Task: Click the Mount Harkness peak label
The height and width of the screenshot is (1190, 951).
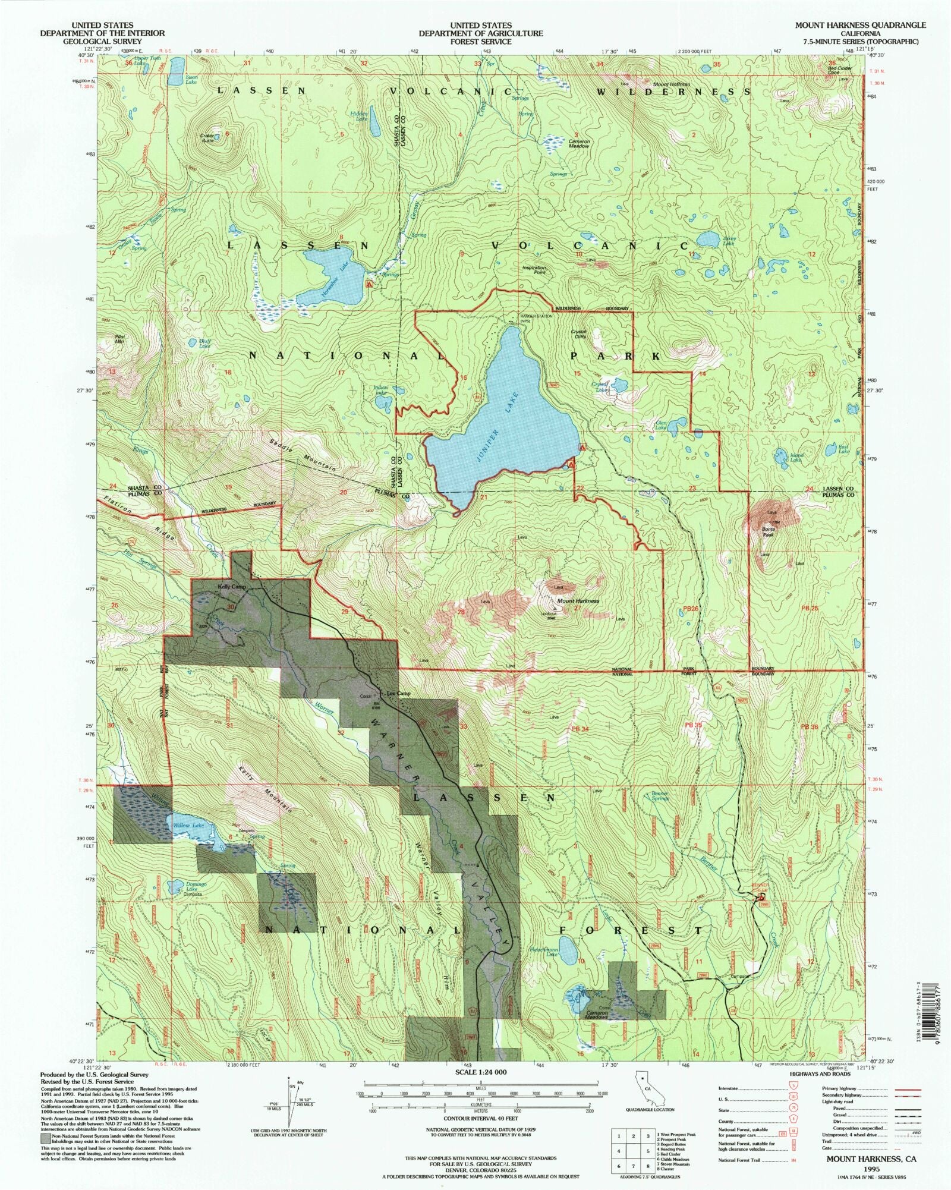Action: coord(578,601)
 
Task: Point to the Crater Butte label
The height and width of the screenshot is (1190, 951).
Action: coord(207,138)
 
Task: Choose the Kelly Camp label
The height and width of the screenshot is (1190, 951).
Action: coord(232,587)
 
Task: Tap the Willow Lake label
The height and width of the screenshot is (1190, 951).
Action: coord(188,826)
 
